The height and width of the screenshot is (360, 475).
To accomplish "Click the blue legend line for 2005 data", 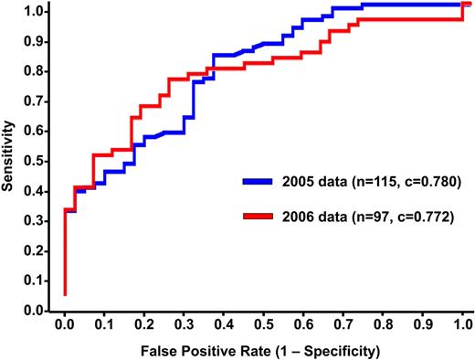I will point(264,182).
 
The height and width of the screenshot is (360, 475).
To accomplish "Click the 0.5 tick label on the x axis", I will point(263,323).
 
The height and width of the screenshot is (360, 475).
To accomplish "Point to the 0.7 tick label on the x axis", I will point(343,323).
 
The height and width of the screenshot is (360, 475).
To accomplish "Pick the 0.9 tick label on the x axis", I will point(422,323).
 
